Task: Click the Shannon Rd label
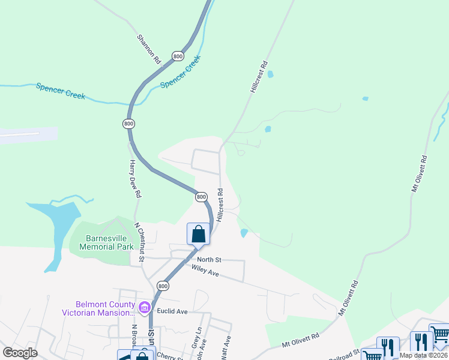pos(149,49)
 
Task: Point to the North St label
pos(210,259)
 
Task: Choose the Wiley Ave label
pos(205,271)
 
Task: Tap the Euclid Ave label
pos(172,311)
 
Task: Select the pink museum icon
pos(144,308)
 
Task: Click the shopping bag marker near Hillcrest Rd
pos(198,234)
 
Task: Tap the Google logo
pos(20,352)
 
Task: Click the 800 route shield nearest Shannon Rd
pos(177,56)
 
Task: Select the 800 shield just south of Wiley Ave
pos(163,286)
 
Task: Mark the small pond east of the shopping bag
pos(244,233)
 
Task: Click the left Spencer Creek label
pos(60,92)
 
